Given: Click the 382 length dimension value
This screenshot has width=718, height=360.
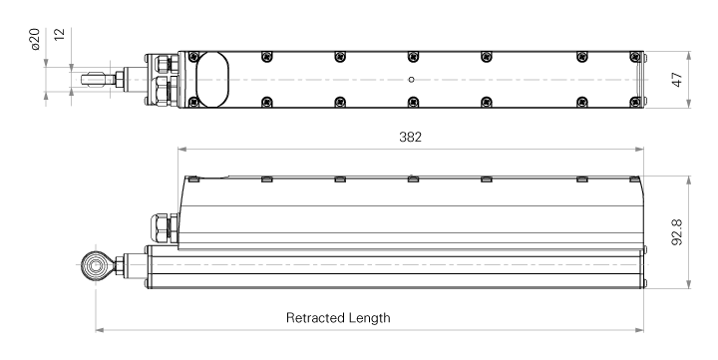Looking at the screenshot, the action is (x=410, y=137).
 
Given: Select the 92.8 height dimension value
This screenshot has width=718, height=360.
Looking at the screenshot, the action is (x=677, y=232).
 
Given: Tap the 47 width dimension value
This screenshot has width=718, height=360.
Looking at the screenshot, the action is (x=677, y=80).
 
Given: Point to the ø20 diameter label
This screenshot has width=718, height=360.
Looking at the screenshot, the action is (x=35, y=39).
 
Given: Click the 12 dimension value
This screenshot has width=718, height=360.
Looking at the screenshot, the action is (x=60, y=34).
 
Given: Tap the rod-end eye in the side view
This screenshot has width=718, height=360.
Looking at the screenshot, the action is (x=96, y=264).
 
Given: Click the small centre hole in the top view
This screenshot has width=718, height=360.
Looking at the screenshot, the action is (x=411, y=80).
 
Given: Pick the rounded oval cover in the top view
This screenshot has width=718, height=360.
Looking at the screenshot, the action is (x=212, y=80).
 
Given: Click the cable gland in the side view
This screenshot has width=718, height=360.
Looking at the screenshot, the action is (x=162, y=227).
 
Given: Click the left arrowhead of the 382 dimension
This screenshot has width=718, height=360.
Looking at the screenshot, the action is (x=181, y=149).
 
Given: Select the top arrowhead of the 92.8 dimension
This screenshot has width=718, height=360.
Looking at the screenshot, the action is (x=689, y=180).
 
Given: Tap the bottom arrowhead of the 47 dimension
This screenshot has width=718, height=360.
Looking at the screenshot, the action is (x=689, y=104).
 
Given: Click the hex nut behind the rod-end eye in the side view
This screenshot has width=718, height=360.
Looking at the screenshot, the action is (x=120, y=265).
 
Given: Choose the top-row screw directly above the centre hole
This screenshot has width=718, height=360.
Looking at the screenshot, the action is (x=413, y=56).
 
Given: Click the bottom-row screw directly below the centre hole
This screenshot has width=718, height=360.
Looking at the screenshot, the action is (x=413, y=102).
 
